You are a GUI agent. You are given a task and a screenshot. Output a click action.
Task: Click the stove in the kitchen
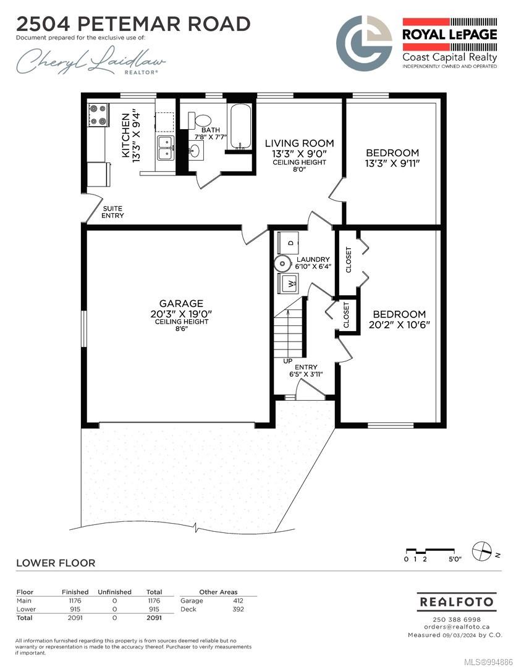[98, 115]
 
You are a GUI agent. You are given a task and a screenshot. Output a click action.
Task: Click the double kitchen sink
[165, 148]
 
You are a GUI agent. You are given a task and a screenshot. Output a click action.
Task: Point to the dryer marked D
[288, 243]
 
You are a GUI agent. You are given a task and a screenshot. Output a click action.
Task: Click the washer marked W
[288, 283]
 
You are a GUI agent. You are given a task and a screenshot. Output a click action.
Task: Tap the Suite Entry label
[113, 212]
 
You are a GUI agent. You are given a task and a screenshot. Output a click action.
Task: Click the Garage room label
[181, 303]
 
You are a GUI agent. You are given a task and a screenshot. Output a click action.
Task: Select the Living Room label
[299, 143]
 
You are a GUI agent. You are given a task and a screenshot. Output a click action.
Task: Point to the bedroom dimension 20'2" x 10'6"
[399, 325]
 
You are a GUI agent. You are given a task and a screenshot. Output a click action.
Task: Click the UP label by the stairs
[288, 361]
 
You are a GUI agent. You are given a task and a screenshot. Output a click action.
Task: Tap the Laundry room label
[313, 259]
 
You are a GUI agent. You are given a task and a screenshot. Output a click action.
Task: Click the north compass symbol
[483, 552]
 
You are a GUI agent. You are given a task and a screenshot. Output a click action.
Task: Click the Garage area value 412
[238, 601]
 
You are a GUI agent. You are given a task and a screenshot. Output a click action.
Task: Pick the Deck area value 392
[238, 609]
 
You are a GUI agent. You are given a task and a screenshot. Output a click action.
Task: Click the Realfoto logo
[457, 602]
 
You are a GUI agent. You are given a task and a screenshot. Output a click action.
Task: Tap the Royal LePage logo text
[450, 35]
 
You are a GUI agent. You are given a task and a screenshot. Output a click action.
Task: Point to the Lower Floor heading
[56, 563]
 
